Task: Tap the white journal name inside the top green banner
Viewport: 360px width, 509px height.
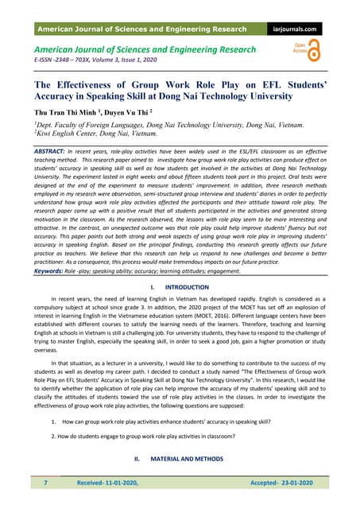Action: click(x=138, y=29)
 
